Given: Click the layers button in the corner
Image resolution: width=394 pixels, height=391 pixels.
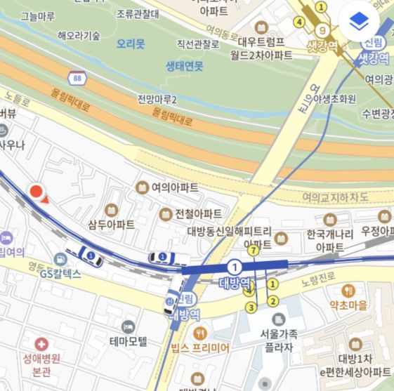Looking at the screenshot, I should coord(360,22).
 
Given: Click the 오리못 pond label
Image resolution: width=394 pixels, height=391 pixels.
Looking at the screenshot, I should coord(131,44).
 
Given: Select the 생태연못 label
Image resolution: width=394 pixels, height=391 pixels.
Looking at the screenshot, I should coord(184,66).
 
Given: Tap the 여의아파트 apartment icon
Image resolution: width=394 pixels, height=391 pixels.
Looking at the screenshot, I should coord(141,187).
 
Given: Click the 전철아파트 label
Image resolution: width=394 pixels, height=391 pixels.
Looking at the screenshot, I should coord(199,213).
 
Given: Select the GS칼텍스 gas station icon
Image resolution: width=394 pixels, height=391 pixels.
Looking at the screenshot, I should coord(61,260).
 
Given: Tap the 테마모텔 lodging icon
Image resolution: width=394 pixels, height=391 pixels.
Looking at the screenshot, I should coord(128,327).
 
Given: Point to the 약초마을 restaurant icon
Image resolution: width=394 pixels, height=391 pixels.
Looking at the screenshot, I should coord(348,291).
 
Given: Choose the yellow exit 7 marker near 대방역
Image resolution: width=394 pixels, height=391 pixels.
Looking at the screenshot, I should coord(254,249).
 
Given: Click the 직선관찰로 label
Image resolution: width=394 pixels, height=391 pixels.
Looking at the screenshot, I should coord(198,44).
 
